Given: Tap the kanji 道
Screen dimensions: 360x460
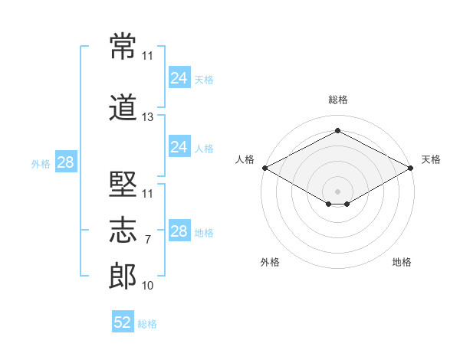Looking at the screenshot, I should pyautogui.click(x=123, y=107).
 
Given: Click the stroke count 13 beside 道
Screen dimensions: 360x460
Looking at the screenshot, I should pyautogui.click(x=148, y=117).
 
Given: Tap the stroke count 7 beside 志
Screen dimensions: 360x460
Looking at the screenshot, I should pyautogui.click(x=148, y=240).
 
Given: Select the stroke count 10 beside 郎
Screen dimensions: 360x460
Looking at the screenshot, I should pyautogui.click(x=148, y=286).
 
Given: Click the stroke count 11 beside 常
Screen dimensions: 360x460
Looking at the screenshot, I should pyautogui.click(x=148, y=56).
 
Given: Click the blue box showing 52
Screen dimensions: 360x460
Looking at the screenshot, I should pyautogui.click(x=123, y=322).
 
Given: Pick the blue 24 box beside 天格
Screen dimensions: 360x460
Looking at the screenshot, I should pyautogui.click(x=179, y=77).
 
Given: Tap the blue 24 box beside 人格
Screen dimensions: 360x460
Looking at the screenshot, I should pyautogui.click(x=179, y=146).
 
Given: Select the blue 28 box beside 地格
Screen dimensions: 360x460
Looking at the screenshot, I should pyautogui.click(x=179, y=231).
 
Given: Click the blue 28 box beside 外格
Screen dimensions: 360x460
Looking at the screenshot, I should pyautogui.click(x=65, y=162).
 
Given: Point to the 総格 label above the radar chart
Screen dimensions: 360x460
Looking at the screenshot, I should pyautogui.click(x=337, y=100).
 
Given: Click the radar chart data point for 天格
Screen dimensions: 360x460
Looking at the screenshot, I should pyautogui.click(x=412, y=168).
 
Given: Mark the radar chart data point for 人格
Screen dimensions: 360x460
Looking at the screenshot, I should pyautogui.click(x=264, y=168).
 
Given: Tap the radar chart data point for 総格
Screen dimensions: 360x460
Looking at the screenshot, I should pyautogui.click(x=337, y=131).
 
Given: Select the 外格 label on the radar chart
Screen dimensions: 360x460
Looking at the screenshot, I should pyautogui.click(x=270, y=262).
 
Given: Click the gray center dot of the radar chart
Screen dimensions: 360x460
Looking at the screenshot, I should pyautogui.click(x=337, y=190).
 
